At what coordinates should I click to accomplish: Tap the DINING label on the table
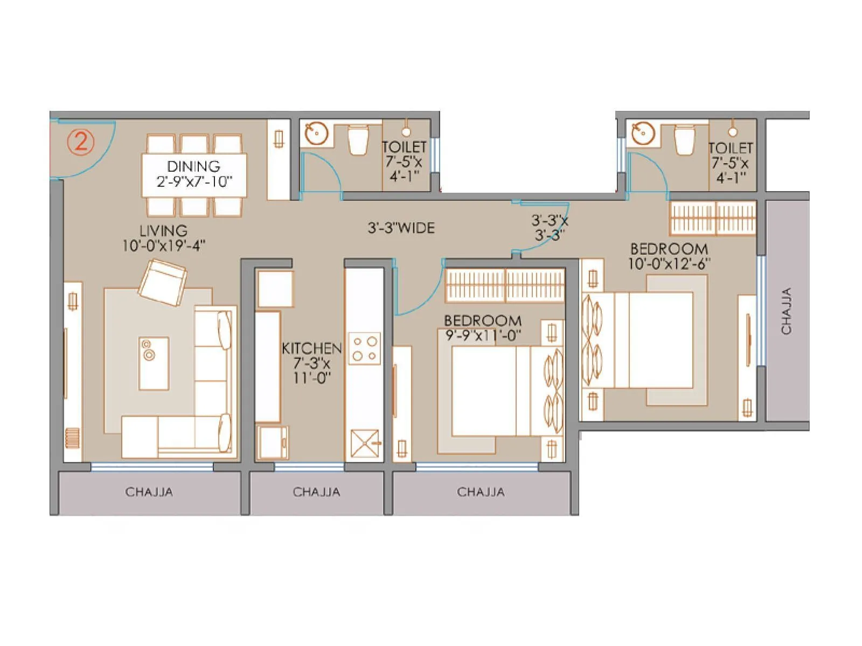[x=194, y=166]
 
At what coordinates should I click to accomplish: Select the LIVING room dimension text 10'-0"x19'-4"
[x=164, y=246]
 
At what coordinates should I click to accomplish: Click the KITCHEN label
[x=311, y=348]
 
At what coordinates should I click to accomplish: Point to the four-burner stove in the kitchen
[x=365, y=348]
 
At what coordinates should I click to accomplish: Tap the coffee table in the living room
[x=154, y=363]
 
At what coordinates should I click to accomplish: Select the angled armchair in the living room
[x=162, y=283]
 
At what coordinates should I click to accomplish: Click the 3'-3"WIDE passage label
[x=401, y=228]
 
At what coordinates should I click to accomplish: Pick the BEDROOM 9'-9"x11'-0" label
[x=483, y=328]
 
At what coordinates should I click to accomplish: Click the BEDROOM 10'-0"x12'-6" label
[x=669, y=256]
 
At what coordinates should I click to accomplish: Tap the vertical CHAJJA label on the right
[x=786, y=311]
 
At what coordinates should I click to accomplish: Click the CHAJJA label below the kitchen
[x=316, y=492]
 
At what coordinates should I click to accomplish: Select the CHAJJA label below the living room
[x=149, y=492]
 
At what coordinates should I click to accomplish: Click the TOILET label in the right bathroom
[x=730, y=148]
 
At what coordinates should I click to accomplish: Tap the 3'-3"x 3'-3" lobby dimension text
[x=550, y=228]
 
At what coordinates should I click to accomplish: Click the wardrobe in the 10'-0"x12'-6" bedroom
[x=713, y=218]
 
